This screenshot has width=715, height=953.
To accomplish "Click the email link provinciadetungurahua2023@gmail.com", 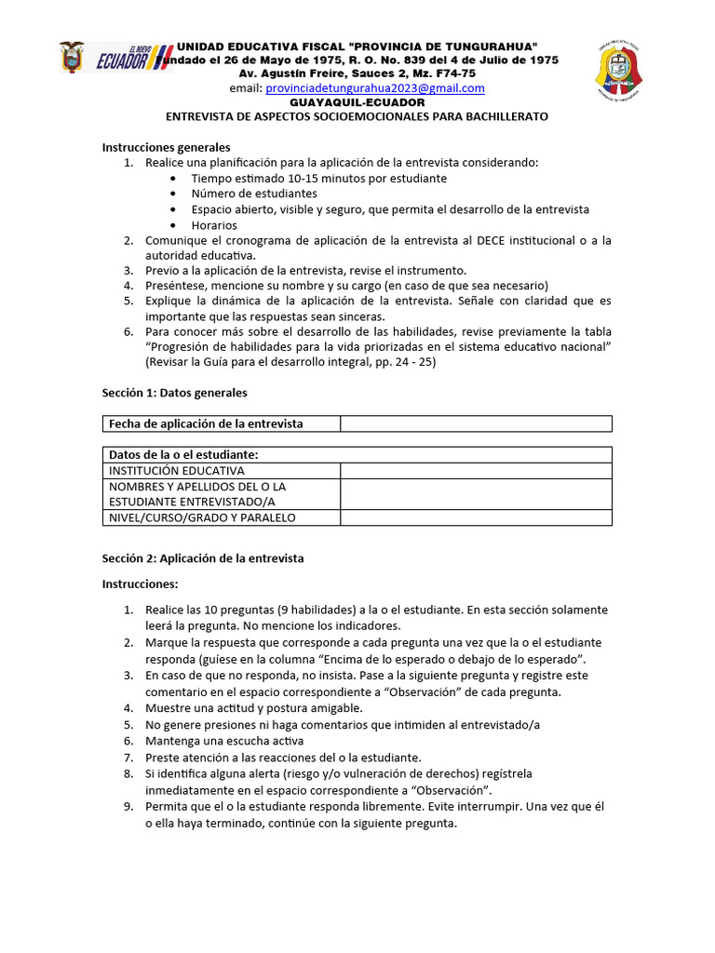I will (x=375, y=88).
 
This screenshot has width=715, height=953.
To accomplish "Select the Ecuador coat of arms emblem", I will (x=72, y=58).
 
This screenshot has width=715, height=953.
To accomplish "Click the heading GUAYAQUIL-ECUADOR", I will (x=357, y=102).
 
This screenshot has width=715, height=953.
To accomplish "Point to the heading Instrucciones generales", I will (x=166, y=147).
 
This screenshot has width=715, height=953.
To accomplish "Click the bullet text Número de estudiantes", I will (x=254, y=194).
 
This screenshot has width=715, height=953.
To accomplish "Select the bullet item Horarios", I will (x=214, y=225).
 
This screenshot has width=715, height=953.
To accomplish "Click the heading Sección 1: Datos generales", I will (x=174, y=393).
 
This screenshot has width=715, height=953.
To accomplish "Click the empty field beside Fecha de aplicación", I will (x=476, y=424).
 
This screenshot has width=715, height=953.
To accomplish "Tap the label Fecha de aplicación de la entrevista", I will (x=206, y=424).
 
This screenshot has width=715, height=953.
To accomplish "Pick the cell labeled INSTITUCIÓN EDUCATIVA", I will (x=177, y=471).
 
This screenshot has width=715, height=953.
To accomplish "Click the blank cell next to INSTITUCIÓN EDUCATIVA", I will (x=476, y=471).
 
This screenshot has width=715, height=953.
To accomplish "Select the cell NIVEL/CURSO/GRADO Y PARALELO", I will (x=202, y=517).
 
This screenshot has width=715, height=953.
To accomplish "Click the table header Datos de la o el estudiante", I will (x=183, y=454).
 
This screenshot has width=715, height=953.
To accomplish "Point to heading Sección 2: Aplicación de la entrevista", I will (x=203, y=558).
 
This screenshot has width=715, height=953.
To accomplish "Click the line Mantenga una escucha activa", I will (x=224, y=741).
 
